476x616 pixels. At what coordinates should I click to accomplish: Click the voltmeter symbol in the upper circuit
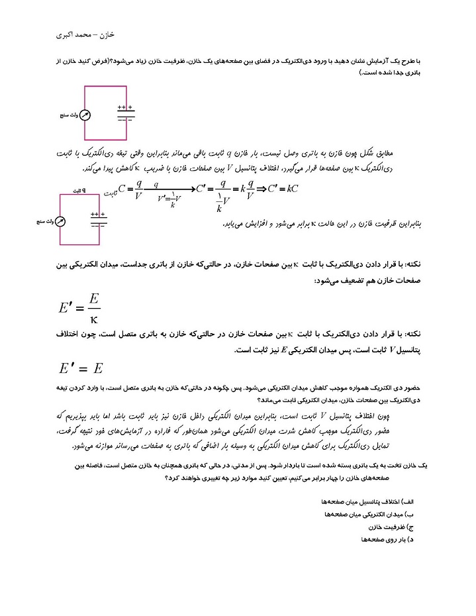(85, 115)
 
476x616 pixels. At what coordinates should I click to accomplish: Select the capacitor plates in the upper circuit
(125, 113)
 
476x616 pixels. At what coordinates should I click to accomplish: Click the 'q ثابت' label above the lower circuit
(79, 189)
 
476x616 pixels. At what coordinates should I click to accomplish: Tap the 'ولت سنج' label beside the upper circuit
(68, 115)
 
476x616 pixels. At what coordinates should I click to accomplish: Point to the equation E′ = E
(81, 368)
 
